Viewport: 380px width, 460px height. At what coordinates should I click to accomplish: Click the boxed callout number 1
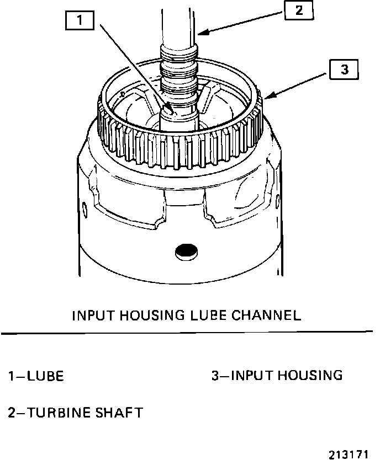coord(81,22)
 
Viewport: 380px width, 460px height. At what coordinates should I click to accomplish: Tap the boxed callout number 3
coord(344,69)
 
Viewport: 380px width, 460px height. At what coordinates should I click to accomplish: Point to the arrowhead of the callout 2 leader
coord(198,35)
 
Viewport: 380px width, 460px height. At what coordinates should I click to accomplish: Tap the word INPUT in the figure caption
coord(93,315)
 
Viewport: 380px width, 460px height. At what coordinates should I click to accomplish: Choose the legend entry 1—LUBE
coord(35,376)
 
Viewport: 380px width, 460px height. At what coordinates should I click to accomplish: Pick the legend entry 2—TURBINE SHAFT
coord(75,412)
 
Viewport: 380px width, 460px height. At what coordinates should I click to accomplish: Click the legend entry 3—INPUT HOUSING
coord(277,376)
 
